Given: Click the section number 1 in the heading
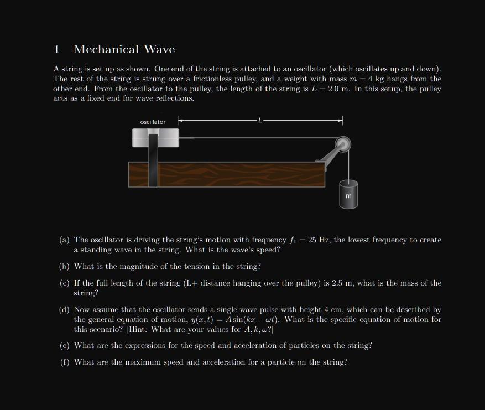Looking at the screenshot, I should point(56,50).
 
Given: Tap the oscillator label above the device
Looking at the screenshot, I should point(153,122).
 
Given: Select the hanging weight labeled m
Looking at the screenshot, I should point(348,195).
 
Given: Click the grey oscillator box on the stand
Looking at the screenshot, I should point(156,138).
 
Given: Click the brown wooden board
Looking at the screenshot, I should point(232,174).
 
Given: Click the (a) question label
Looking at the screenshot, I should point(65,240).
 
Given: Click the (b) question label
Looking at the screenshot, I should point(65,267).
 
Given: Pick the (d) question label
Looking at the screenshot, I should point(65,310).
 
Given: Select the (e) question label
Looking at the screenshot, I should point(65,346).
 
